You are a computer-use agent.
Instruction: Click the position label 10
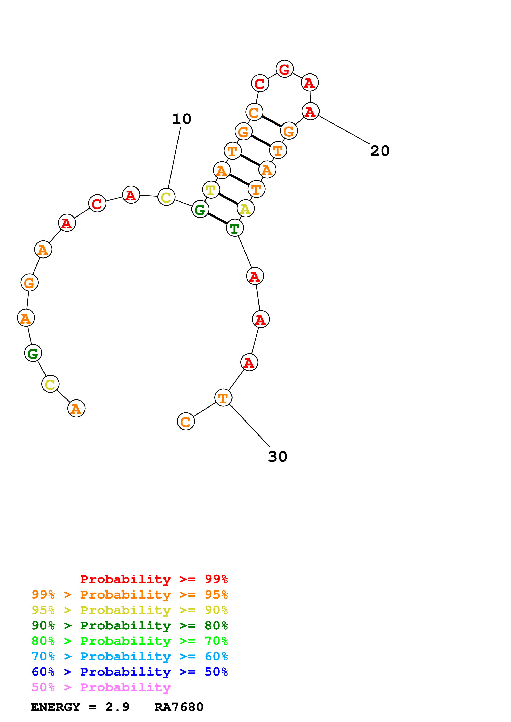click(182, 119)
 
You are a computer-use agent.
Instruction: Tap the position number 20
click(380, 151)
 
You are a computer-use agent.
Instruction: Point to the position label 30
click(277, 456)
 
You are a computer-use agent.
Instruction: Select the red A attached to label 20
click(310, 111)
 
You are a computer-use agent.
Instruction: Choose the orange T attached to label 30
click(223, 398)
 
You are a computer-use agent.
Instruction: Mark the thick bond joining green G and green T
click(217, 219)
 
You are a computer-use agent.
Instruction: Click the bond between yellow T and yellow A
click(228, 199)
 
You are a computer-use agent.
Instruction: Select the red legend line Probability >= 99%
click(154, 579)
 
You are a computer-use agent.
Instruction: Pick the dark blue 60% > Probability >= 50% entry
click(129, 672)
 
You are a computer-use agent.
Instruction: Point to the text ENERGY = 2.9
click(80, 707)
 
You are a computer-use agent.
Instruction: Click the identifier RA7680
click(179, 707)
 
